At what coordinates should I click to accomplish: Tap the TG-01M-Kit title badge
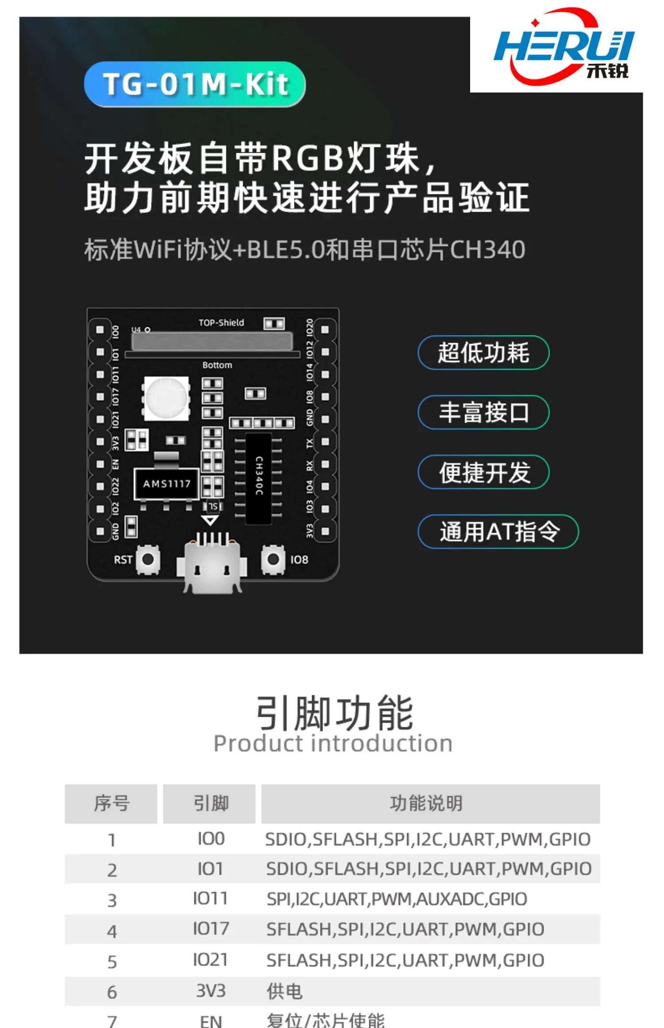195,84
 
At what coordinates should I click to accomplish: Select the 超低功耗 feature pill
483,353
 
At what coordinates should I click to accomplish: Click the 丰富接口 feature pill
483,413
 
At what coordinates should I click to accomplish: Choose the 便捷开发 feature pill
483,472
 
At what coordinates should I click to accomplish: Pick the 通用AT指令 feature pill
498,532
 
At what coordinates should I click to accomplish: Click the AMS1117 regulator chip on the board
166,484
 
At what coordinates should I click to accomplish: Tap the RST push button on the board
148,559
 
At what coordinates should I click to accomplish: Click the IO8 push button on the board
273,559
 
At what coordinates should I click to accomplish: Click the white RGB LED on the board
166,398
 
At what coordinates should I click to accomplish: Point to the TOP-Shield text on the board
221,323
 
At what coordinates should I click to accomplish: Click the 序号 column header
111,804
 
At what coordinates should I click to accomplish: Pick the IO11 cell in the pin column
210,899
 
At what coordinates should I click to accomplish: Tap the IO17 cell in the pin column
211,929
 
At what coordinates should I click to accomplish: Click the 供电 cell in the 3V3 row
284,991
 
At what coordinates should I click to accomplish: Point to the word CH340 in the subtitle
487,250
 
